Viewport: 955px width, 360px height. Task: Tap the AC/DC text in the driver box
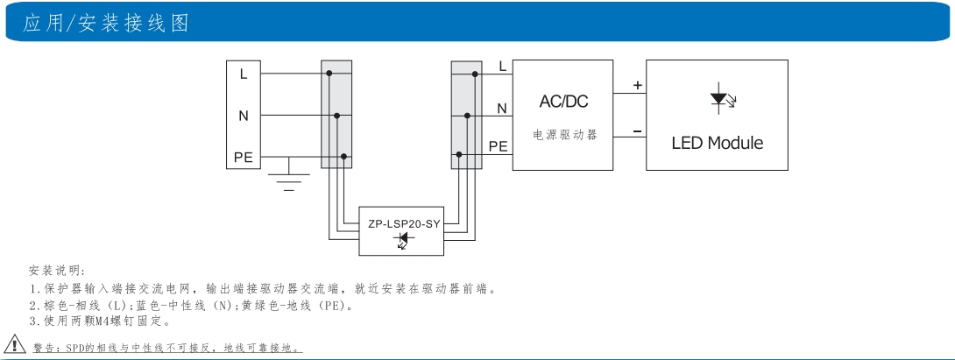(563, 102)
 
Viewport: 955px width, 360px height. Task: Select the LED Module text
(717, 143)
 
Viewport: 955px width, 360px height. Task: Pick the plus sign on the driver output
(637, 86)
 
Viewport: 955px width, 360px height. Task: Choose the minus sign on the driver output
(637, 131)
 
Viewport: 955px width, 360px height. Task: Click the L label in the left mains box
(244, 74)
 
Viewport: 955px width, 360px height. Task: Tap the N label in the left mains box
(244, 115)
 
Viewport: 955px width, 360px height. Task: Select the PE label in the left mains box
(243, 158)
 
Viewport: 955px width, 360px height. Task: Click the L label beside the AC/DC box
(502, 66)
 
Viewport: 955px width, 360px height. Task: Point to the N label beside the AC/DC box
(502, 109)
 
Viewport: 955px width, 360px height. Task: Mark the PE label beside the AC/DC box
(498, 146)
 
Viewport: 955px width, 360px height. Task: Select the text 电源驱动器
(564, 137)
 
